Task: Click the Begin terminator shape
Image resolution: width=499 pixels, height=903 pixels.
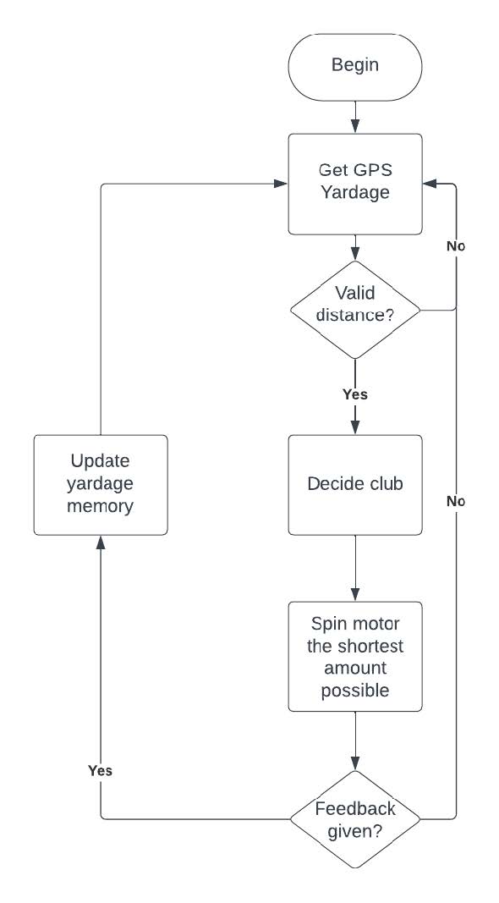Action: click(355, 65)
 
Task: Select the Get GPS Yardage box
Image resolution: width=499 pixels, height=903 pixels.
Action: click(355, 184)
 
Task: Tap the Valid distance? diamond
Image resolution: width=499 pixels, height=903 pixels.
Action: click(355, 310)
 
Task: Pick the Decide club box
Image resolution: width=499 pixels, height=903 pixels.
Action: click(355, 485)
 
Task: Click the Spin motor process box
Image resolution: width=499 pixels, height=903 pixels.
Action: click(355, 657)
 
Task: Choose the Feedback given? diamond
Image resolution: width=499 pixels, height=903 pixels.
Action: click(355, 819)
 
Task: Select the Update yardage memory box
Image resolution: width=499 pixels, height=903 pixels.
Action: click(101, 485)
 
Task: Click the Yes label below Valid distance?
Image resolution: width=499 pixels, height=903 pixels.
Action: click(354, 394)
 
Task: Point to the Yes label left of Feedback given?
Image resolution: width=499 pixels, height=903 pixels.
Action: click(100, 771)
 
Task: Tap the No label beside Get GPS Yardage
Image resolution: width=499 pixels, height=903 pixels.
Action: click(456, 246)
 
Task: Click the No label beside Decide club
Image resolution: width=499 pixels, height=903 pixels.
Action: click(456, 502)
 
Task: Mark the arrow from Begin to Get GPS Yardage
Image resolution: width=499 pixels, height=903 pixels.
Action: click(355, 113)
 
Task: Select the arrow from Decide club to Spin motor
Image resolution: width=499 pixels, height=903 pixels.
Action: click(355, 567)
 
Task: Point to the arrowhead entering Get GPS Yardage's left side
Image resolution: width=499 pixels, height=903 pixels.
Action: click(281, 184)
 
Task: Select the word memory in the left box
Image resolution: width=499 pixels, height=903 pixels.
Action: click(101, 507)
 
